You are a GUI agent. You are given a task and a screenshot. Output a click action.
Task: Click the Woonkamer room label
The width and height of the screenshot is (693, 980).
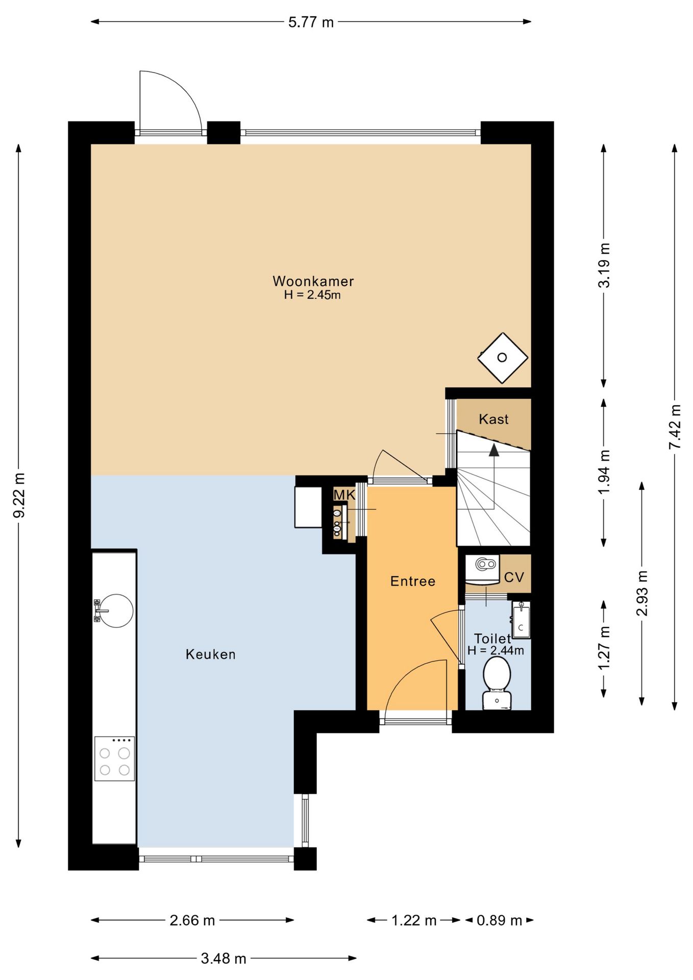pyautogui.click(x=313, y=281)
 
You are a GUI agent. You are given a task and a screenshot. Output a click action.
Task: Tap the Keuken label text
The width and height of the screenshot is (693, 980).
pyautogui.click(x=210, y=654)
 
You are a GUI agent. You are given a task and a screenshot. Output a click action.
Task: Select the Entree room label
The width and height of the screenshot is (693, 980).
pyautogui.click(x=412, y=581)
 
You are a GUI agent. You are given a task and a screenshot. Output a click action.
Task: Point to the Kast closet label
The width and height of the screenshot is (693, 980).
pyautogui.click(x=493, y=419)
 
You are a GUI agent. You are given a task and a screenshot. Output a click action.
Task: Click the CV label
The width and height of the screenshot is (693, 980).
pyautogui.click(x=514, y=577)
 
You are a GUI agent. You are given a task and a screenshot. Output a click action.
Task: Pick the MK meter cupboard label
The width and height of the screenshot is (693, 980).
pyautogui.click(x=344, y=495)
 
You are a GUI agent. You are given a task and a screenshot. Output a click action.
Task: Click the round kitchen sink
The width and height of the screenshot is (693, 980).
pyautogui.click(x=116, y=610)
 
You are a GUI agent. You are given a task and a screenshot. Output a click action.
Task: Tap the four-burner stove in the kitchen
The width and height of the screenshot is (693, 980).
pyautogui.click(x=114, y=758)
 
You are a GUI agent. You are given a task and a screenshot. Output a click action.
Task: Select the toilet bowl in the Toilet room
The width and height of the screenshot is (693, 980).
pyautogui.click(x=497, y=683)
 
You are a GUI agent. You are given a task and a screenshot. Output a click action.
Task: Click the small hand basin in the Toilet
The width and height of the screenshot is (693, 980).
pyautogui.click(x=521, y=620)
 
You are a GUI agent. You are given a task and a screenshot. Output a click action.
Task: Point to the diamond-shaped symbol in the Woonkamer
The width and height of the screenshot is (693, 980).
pyautogui.click(x=502, y=358)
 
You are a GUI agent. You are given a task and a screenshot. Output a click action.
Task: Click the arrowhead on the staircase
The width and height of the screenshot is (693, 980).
pyautogui.click(x=493, y=450)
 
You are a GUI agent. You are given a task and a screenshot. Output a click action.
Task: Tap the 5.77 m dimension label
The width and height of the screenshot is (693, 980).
pyautogui.click(x=311, y=22)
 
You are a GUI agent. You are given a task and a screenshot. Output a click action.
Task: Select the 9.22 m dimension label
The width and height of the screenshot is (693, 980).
pyautogui.click(x=19, y=495)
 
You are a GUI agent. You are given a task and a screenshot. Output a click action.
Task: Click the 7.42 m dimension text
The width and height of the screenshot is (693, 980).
pyautogui.click(x=675, y=427)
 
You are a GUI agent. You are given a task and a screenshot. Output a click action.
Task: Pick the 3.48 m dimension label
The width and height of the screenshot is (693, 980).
pyautogui.click(x=224, y=959)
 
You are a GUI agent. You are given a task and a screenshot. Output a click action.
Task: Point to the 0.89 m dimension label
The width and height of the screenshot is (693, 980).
pyautogui.click(x=499, y=920)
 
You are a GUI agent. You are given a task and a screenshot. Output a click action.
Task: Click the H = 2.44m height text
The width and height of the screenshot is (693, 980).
pyautogui.click(x=496, y=650)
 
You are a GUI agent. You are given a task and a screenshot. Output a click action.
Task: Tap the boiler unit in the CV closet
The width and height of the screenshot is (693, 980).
pyautogui.click(x=482, y=570)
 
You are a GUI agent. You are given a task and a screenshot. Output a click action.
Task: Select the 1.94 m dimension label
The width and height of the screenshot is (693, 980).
pyautogui.click(x=604, y=472)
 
